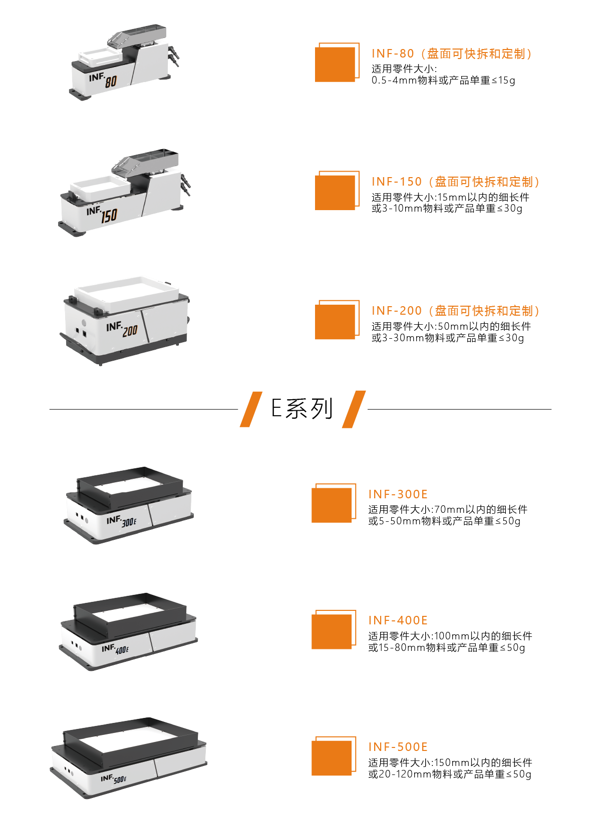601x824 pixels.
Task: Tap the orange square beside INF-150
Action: coord(335,193)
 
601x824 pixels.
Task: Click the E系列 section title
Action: coord(302,409)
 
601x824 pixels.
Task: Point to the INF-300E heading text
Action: coord(398,494)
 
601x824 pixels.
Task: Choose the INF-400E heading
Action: coord(398,620)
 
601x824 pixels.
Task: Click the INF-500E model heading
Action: coord(398,747)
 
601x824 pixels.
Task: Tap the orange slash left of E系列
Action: coord(251,409)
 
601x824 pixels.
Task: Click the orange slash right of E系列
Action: coord(354,409)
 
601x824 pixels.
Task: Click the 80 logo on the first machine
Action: coord(111,82)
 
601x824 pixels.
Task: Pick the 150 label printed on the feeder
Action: coord(109,216)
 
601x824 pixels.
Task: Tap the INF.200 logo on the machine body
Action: coord(122,329)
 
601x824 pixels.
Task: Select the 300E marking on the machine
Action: coord(129,522)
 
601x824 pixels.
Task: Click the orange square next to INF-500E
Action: coord(332,758)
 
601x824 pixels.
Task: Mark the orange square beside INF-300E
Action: coord(332,505)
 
